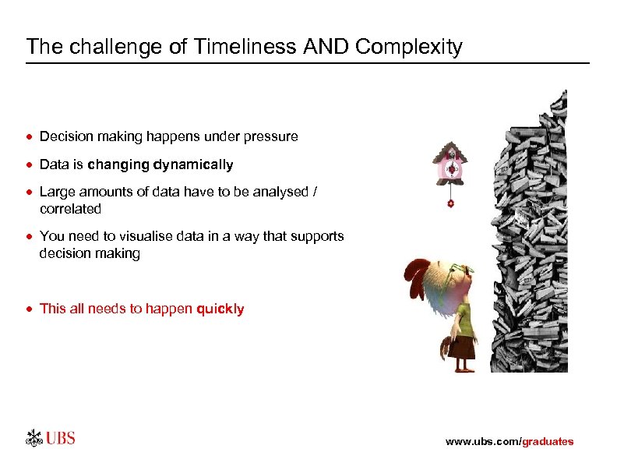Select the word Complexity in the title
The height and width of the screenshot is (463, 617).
pos(408,47)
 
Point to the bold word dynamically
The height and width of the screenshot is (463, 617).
pos(193,165)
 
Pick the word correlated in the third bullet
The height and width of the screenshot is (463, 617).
pos(70,209)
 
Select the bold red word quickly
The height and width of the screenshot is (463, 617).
pos(220,309)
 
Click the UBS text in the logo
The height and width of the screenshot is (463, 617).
pos(60,438)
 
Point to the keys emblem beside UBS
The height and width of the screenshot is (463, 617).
pos(33,438)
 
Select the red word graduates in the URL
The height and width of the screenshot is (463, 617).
pos(548,442)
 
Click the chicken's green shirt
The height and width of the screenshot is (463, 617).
pos(463,319)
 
